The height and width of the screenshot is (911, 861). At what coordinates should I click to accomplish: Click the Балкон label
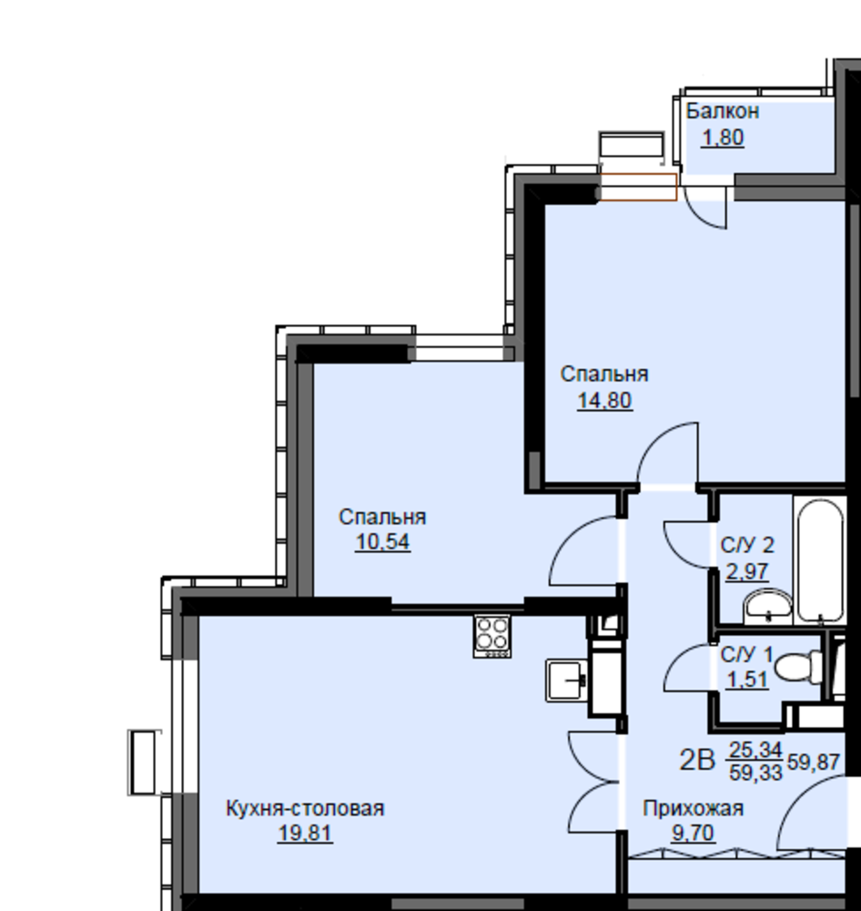[723, 111]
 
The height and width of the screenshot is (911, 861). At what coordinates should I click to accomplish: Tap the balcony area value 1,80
[723, 138]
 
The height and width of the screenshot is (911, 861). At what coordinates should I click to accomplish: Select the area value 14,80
[604, 401]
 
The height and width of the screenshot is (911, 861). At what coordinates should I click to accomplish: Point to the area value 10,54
[382, 542]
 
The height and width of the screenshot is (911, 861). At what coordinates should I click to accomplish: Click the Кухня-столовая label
[305, 808]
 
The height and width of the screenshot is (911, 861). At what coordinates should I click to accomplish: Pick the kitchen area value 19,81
[305, 834]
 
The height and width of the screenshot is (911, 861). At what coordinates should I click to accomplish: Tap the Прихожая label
[694, 808]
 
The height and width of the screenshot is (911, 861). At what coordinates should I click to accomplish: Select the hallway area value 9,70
[694, 834]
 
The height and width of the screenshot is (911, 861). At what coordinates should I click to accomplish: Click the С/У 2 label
[747, 546]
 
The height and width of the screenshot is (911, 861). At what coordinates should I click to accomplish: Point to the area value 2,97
[747, 572]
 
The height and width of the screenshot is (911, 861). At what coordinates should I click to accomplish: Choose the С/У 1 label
[746, 655]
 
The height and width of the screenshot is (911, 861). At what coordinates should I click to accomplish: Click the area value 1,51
[747, 680]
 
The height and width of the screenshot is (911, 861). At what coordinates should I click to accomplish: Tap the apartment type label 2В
[697, 761]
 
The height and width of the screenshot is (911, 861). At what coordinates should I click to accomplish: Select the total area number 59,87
[814, 762]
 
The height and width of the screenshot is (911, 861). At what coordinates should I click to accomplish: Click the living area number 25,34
[756, 750]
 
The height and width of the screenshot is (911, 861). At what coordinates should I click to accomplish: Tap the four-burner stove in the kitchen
[492, 636]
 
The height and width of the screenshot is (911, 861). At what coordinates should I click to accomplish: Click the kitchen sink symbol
[567, 680]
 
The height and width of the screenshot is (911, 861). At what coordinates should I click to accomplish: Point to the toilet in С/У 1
[798, 667]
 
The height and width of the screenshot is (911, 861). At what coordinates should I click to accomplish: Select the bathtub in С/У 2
[819, 560]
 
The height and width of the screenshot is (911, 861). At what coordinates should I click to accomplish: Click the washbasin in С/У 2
[767, 607]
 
